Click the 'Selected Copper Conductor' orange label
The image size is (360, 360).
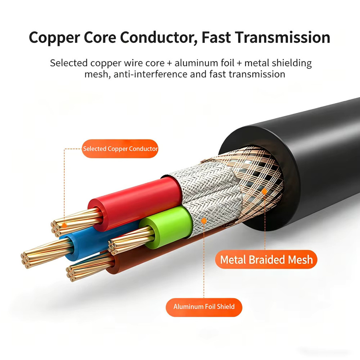tap(120, 149)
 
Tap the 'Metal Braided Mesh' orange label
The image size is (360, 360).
tap(266, 260)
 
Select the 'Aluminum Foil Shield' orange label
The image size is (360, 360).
tap(204, 307)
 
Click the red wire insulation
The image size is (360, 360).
tap(136, 202)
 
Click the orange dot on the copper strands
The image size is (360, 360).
tap(65, 226)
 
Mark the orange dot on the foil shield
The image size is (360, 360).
tap(204, 221)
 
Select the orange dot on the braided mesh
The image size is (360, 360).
tap(264, 192)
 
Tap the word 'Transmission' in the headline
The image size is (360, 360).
tap(282, 37)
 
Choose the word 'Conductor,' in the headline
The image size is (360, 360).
tap(159, 38)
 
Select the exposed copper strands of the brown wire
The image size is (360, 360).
tap(90, 269)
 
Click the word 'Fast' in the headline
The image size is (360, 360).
tap(216, 37)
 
